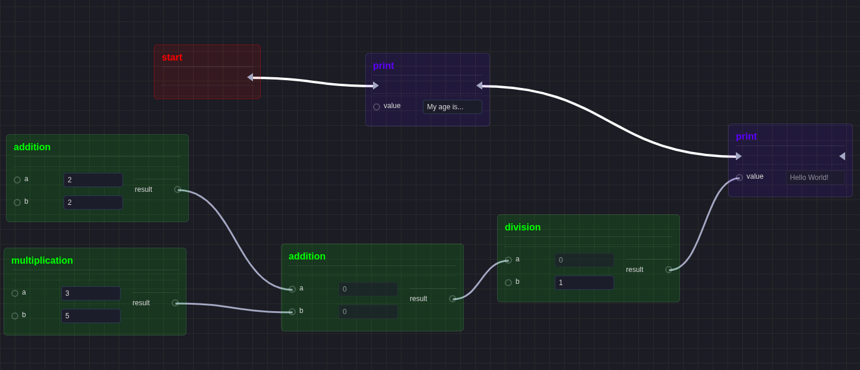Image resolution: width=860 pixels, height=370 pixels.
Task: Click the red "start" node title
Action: point(172,58)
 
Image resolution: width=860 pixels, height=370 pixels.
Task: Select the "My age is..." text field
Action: point(452,107)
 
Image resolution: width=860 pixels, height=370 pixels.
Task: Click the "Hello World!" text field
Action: point(815,178)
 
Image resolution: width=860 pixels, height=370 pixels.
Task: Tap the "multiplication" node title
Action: point(42,261)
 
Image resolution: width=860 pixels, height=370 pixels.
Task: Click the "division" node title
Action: point(523,227)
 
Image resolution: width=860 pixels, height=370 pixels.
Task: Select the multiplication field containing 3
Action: point(90,293)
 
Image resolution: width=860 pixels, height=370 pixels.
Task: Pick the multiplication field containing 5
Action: point(90,316)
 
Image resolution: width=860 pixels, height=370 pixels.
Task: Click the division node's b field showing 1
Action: point(584,283)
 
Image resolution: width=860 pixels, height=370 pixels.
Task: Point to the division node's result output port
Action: point(669,270)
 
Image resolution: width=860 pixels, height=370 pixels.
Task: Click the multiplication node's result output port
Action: point(175,303)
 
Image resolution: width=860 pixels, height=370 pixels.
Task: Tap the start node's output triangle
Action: point(250,77)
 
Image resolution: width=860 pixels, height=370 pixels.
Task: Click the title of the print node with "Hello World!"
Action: point(746,137)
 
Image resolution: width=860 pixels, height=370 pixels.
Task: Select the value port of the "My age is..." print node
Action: point(377,107)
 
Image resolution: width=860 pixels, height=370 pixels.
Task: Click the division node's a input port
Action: point(508,260)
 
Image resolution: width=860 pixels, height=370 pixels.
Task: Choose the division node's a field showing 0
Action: point(584,260)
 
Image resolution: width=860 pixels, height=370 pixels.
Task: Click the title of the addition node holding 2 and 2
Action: point(32,147)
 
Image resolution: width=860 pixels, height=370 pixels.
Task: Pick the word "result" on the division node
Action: point(634,270)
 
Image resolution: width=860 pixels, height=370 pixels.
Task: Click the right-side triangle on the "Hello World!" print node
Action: point(842,156)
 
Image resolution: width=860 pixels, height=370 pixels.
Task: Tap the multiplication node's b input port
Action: point(15,316)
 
